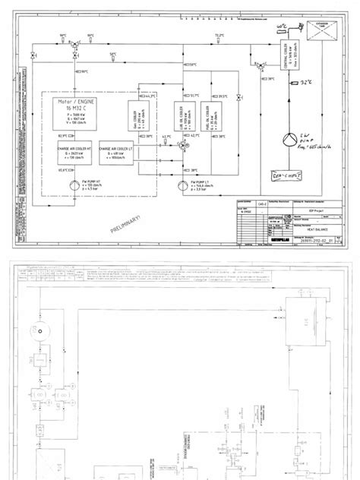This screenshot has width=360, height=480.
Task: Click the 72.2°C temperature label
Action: tap(220, 35)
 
